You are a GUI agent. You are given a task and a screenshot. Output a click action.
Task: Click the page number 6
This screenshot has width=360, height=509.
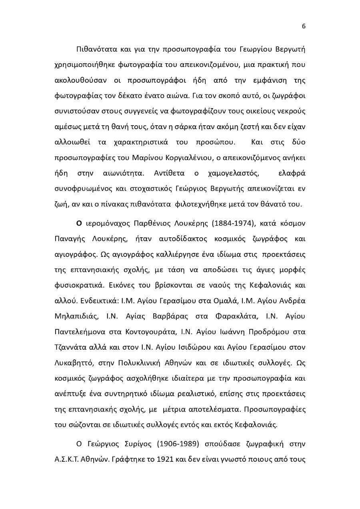304,26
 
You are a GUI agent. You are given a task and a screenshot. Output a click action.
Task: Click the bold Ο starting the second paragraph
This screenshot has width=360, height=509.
79,223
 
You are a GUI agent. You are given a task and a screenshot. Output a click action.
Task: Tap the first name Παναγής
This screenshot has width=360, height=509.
70,239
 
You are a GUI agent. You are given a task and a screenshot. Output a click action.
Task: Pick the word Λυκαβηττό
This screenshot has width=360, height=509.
74,363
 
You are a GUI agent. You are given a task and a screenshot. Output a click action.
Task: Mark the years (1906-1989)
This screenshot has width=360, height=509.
179,444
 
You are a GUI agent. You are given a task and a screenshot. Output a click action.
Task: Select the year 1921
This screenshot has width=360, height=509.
164,459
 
